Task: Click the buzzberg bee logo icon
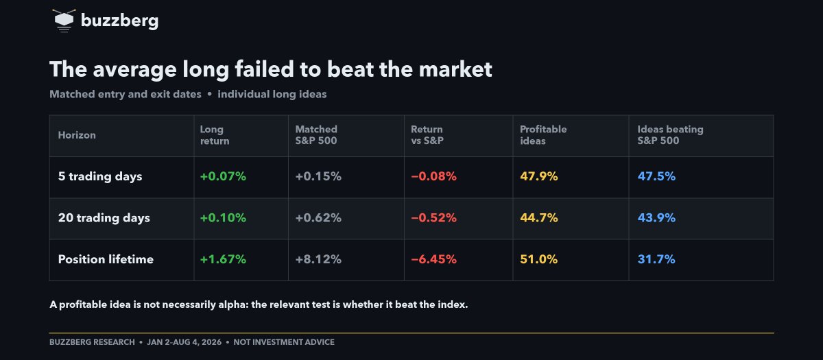point(64,21)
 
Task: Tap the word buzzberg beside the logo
point(120,21)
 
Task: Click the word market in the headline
point(455,69)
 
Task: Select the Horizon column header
point(77,135)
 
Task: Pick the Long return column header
point(215,135)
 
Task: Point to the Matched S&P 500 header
point(316,135)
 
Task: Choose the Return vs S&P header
point(427,135)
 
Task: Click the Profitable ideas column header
point(543,135)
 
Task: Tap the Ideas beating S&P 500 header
point(670,135)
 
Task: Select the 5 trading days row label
point(100,177)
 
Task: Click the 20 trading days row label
point(104,218)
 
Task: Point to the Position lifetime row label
point(106,259)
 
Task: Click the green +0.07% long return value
point(223,176)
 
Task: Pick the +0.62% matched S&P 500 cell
point(318,218)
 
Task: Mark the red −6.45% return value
point(433,259)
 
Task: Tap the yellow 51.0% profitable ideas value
point(538,259)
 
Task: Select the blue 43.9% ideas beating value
point(656,218)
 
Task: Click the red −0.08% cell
point(433,176)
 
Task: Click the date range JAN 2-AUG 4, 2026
point(184,342)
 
